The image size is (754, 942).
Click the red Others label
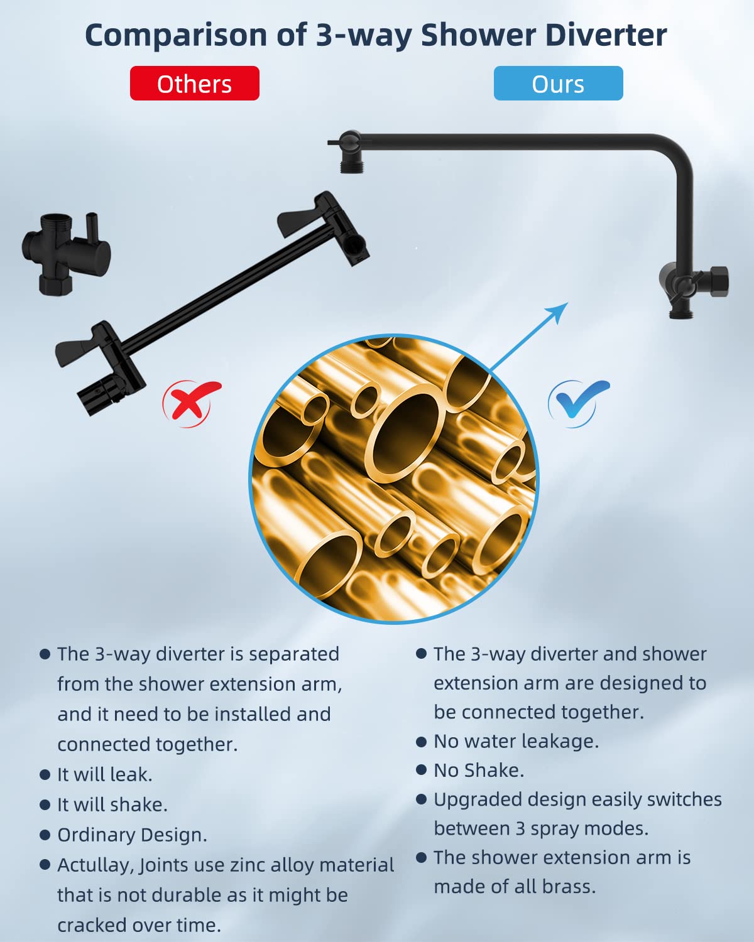(x=195, y=83)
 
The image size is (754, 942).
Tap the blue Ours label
(x=558, y=83)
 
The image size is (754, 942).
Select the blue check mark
(x=578, y=403)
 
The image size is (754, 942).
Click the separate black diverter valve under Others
(x=66, y=254)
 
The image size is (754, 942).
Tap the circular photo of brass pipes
(x=394, y=479)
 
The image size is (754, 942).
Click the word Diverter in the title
(x=606, y=35)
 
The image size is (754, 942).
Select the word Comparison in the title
(x=176, y=36)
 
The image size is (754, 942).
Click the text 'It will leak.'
(x=105, y=774)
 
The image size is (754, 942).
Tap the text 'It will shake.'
(x=112, y=804)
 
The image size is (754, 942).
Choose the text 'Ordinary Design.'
(x=132, y=835)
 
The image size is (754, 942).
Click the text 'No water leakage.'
(x=516, y=742)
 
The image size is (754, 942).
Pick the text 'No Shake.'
(x=479, y=771)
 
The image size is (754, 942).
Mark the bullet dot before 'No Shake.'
(x=421, y=771)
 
